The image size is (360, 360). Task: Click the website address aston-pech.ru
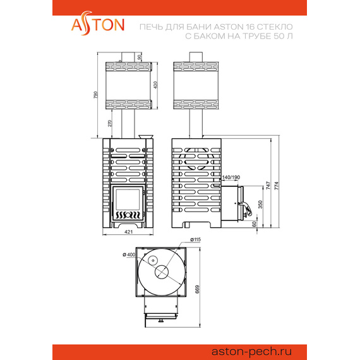[251, 351]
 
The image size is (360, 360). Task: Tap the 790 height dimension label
[95, 95]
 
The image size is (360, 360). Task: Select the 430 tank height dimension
[155, 85]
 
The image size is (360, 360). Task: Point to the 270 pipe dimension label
[110, 123]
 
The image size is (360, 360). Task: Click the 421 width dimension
[129, 232]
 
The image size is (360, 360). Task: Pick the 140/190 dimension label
[231, 177]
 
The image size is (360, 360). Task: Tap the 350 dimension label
[260, 205]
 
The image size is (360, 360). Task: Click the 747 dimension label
[268, 186]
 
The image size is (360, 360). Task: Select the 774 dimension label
[277, 186]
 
